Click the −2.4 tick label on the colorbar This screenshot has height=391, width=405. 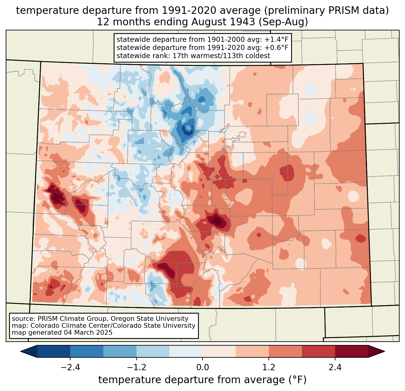[x=70, y=368]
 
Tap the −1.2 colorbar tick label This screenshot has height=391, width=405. [x=136, y=368]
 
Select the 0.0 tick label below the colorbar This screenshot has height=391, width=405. [x=202, y=368]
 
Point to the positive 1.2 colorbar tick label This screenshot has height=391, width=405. [x=269, y=368]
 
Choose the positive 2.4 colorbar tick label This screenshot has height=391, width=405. [x=335, y=368]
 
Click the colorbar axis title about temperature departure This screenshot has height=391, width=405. [x=202, y=380]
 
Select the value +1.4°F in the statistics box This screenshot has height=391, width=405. [x=276, y=40]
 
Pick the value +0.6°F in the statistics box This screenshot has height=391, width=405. [x=276, y=48]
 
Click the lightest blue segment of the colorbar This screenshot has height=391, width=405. [x=186, y=351]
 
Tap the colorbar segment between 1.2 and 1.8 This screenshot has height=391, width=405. [x=285, y=351]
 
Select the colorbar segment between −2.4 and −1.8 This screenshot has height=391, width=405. [x=87, y=351]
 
